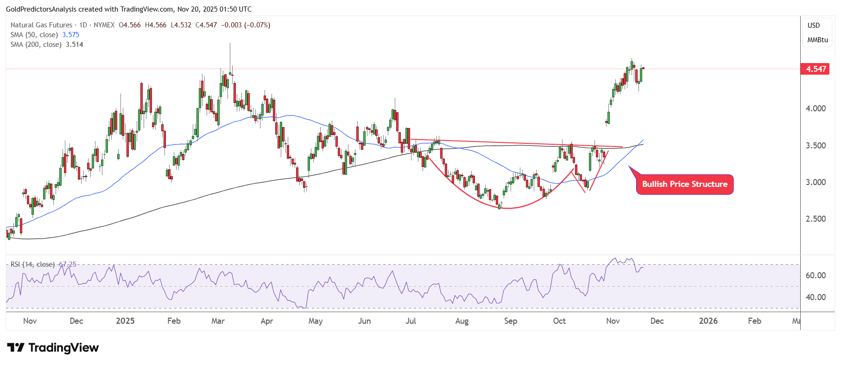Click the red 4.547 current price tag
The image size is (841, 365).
[x=816, y=69]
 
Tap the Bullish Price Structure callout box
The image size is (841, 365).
[x=684, y=184]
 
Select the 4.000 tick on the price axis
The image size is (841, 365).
[x=816, y=109]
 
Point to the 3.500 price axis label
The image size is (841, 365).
[x=816, y=146]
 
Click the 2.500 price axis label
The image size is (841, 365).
[x=816, y=219]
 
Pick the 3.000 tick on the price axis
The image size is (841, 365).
[x=816, y=182]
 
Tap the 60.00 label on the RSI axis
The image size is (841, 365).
[x=816, y=275]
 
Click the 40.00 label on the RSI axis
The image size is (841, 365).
[x=816, y=297]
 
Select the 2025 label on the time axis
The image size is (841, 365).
[x=125, y=321]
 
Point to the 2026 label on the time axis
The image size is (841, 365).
[x=708, y=321]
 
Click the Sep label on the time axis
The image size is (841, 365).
[x=510, y=321]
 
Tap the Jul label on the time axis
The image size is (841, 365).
[x=411, y=321]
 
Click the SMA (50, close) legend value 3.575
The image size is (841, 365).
[x=70, y=35]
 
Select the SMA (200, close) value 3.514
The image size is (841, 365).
[x=74, y=45]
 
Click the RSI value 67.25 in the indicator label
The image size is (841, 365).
[x=68, y=264]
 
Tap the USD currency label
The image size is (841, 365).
[x=814, y=26]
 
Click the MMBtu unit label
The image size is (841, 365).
[x=817, y=40]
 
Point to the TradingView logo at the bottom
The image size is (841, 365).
[x=53, y=348]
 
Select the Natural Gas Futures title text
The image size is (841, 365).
[x=41, y=25]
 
